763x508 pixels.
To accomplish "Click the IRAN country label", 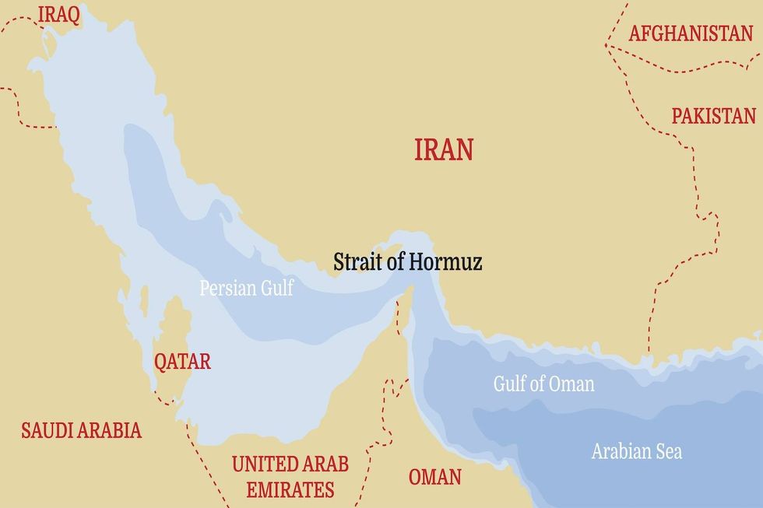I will (444, 149).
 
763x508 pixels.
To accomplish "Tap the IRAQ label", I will (58, 16).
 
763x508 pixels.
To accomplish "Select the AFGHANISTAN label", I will (691, 33).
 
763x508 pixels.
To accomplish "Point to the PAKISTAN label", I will (713, 116).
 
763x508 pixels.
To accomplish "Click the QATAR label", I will (181, 362).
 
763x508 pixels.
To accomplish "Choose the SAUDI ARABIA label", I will (81, 430).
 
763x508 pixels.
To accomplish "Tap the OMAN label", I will (434, 476).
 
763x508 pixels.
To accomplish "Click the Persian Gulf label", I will (246, 288).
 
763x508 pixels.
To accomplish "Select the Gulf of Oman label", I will (543, 384).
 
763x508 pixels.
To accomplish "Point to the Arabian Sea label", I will (636, 451).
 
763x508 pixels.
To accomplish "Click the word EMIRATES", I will (290, 490).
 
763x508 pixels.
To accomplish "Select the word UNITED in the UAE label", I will (261, 464).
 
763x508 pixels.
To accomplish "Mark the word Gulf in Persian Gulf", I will (276, 288).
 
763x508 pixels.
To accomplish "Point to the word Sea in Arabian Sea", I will (668, 451).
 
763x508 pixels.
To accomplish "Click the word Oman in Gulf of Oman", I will (571, 384).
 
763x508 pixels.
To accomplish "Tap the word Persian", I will (227, 288).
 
